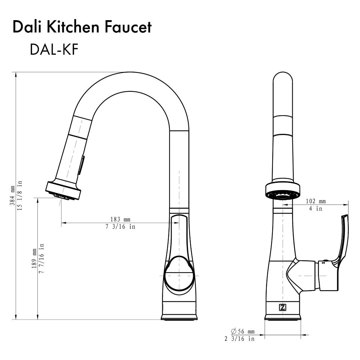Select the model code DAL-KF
(54, 50)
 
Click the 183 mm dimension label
(120, 219)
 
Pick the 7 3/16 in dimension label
(120, 227)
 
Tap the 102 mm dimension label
(316, 201)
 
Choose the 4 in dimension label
(316, 208)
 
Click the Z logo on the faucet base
(283, 307)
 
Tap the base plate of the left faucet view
(179, 317)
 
